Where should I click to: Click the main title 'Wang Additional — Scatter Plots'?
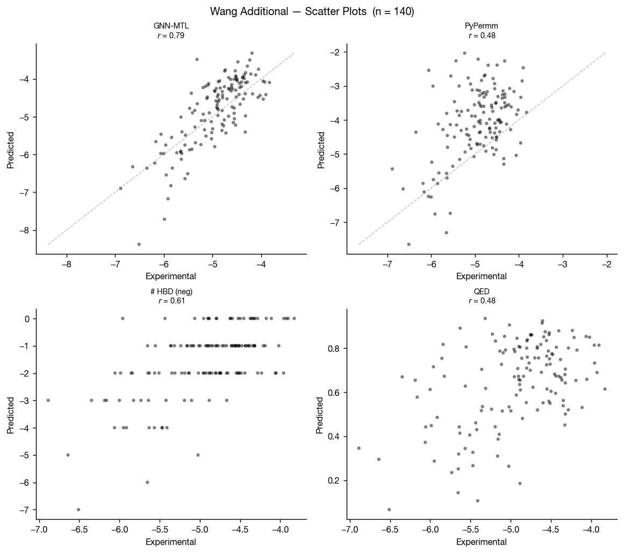pos(312,11)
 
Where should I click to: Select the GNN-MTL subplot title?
pos(171,26)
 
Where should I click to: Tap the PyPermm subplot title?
pos(482,26)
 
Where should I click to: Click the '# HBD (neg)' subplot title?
pos(171,292)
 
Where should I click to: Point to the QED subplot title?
pos(482,292)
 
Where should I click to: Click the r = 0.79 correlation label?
pos(171,36)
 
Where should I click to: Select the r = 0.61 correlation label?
pos(171,301)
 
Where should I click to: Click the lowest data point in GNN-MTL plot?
pos(139,244)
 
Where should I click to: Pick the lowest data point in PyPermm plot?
pos(408,244)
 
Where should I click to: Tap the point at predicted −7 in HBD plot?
pos(78,509)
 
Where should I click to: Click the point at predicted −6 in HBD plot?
pos(147,482)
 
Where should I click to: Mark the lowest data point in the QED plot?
pos(389,509)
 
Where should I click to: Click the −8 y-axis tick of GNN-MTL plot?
pos(25,230)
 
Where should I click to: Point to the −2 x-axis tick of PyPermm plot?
pos(607,264)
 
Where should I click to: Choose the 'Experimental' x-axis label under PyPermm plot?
pos(482,276)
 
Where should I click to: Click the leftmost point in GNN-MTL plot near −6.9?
pos(120,188)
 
